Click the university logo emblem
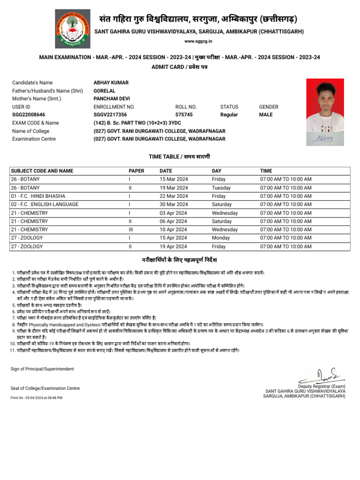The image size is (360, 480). pos(73,29)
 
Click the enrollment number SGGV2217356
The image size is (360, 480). pos(110,114)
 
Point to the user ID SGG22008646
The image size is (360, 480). pos(29,114)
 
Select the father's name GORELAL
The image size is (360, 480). pos(105,90)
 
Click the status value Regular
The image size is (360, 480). pos(229,114)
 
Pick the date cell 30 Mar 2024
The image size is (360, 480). pos(174,204)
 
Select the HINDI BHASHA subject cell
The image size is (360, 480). pos(38,196)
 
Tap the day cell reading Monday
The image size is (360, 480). pos(220,238)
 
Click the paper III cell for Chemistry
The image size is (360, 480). pos(131,230)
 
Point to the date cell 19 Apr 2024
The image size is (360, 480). pos(173,246)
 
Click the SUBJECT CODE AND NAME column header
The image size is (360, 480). pos(42,171)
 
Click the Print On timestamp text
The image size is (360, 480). pos(36,397)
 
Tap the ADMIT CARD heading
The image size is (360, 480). pos(180,67)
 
